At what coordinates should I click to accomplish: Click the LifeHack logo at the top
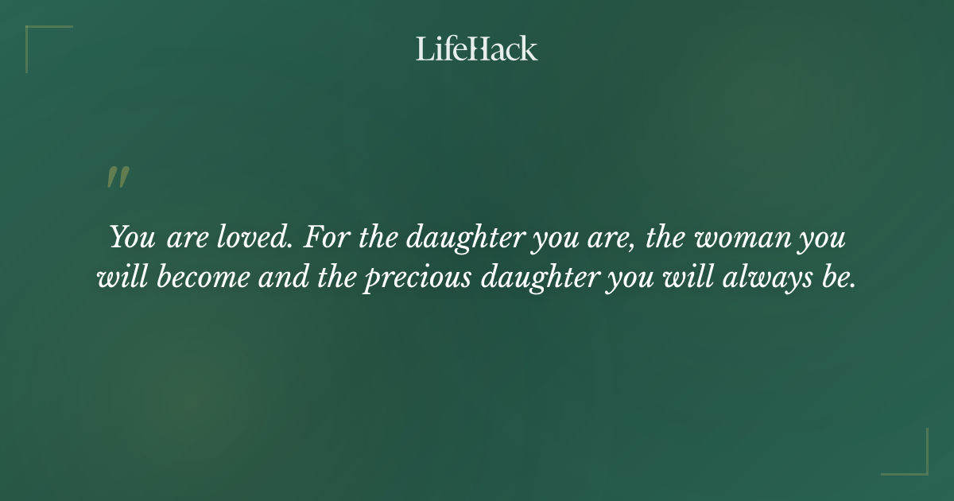click(x=476, y=49)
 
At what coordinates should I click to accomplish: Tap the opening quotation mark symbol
click(x=118, y=178)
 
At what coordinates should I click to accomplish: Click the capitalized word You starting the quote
click(x=133, y=238)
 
